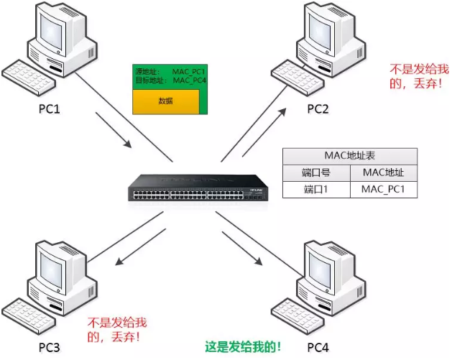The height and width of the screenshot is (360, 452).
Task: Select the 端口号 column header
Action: [315, 173]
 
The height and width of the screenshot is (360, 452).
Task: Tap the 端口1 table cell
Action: [315, 190]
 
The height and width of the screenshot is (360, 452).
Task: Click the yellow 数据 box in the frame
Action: [166, 101]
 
